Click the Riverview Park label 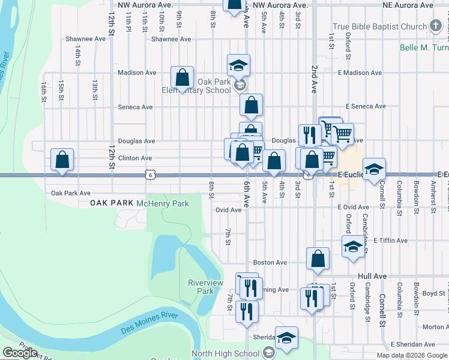[x=205, y=287]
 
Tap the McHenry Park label [x=163, y=203]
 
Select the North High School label [x=226, y=354]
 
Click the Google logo [x=20, y=353]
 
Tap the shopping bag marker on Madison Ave [x=182, y=77]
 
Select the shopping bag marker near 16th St [x=62, y=160]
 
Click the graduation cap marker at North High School [x=286, y=338]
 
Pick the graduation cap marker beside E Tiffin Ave [x=353, y=246]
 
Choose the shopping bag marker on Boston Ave [x=318, y=259]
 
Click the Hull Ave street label [x=373, y=276]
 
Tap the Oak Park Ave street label [x=71, y=193]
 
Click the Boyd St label [x=433, y=293]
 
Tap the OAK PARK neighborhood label [x=111, y=203]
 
